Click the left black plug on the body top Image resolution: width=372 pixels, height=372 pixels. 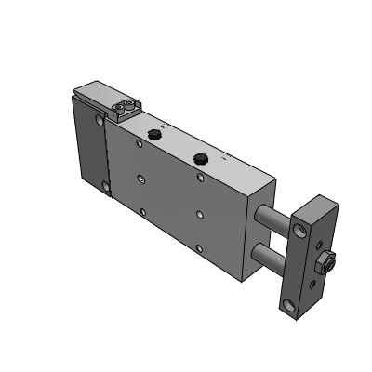(x=153, y=138)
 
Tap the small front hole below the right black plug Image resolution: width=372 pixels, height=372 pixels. (x=200, y=213)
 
